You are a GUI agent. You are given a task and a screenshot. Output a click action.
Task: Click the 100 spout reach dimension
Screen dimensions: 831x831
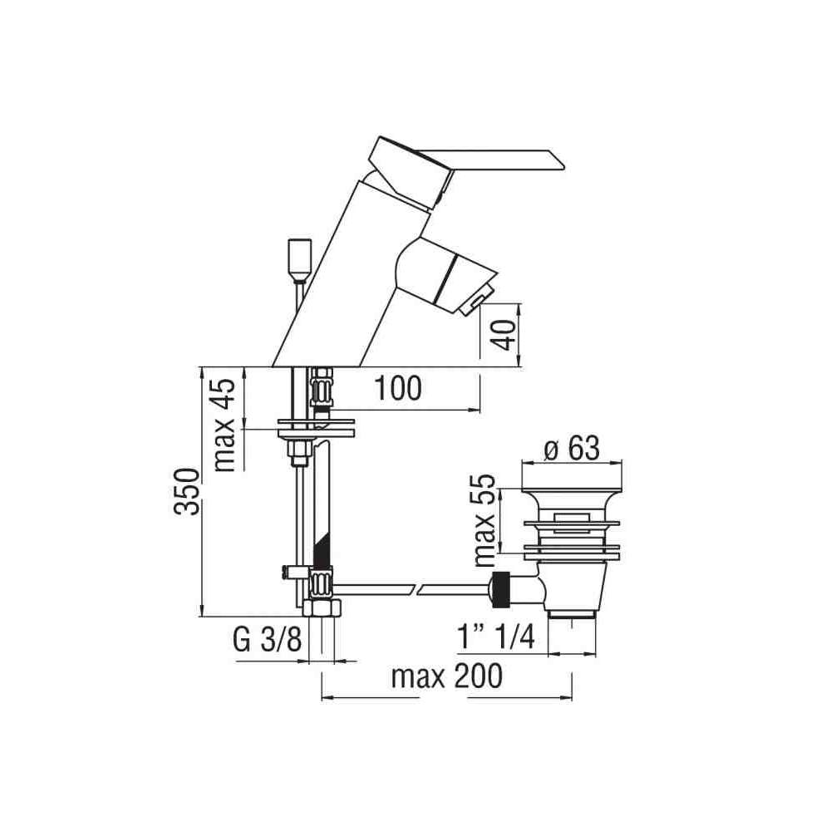[x=398, y=388]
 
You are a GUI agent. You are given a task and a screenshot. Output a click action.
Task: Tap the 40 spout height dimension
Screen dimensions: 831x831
[x=504, y=335]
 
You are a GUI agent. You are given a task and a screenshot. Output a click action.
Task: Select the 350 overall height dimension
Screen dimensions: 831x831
[x=188, y=491]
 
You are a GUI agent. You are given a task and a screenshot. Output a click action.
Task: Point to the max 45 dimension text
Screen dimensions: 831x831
[x=224, y=425]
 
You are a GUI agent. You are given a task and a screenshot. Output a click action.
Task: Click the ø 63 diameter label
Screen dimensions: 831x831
[x=572, y=449]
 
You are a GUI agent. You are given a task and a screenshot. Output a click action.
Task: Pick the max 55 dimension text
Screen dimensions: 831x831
[x=484, y=520]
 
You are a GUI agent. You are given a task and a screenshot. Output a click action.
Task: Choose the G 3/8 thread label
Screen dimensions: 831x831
[x=267, y=640]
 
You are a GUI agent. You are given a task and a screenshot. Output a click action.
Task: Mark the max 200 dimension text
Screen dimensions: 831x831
[x=447, y=676]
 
